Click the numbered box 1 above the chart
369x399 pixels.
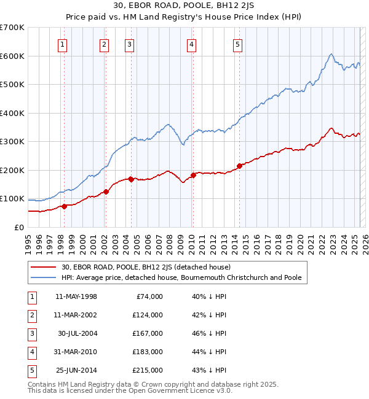[x=63, y=44]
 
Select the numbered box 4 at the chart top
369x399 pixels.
[x=192, y=44]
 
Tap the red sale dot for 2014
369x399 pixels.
[x=239, y=166]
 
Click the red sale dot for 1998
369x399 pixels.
[x=64, y=206]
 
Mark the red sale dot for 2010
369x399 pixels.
[x=192, y=175]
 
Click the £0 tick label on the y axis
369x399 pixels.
[x=20, y=227]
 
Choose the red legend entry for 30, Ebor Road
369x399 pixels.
[x=146, y=267]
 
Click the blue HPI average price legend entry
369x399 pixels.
[x=181, y=277]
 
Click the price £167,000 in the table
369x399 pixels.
[x=148, y=333]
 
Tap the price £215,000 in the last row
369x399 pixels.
[x=148, y=370]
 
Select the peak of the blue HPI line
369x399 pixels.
[x=331, y=54]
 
